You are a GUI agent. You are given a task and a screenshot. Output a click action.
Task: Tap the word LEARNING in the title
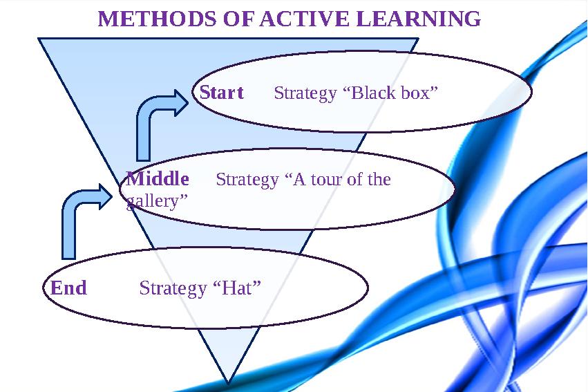[x=419, y=19]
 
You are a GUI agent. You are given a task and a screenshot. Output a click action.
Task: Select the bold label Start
[x=222, y=93]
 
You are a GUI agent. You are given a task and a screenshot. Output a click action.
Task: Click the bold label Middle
[x=158, y=179]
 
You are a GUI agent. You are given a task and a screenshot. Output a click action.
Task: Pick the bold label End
[x=69, y=288]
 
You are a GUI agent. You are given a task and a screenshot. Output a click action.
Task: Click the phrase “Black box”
[x=390, y=93]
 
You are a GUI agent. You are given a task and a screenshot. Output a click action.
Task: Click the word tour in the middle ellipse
[x=331, y=180]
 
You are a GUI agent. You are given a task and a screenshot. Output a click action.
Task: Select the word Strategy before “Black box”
[x=305, y=93]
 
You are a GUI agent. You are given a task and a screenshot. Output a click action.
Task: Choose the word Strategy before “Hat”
[x=172, y=288]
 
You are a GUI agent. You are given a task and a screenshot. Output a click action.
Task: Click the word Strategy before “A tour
[x=247, y=180]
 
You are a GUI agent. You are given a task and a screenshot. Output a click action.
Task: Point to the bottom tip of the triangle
[x=228, y=380]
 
